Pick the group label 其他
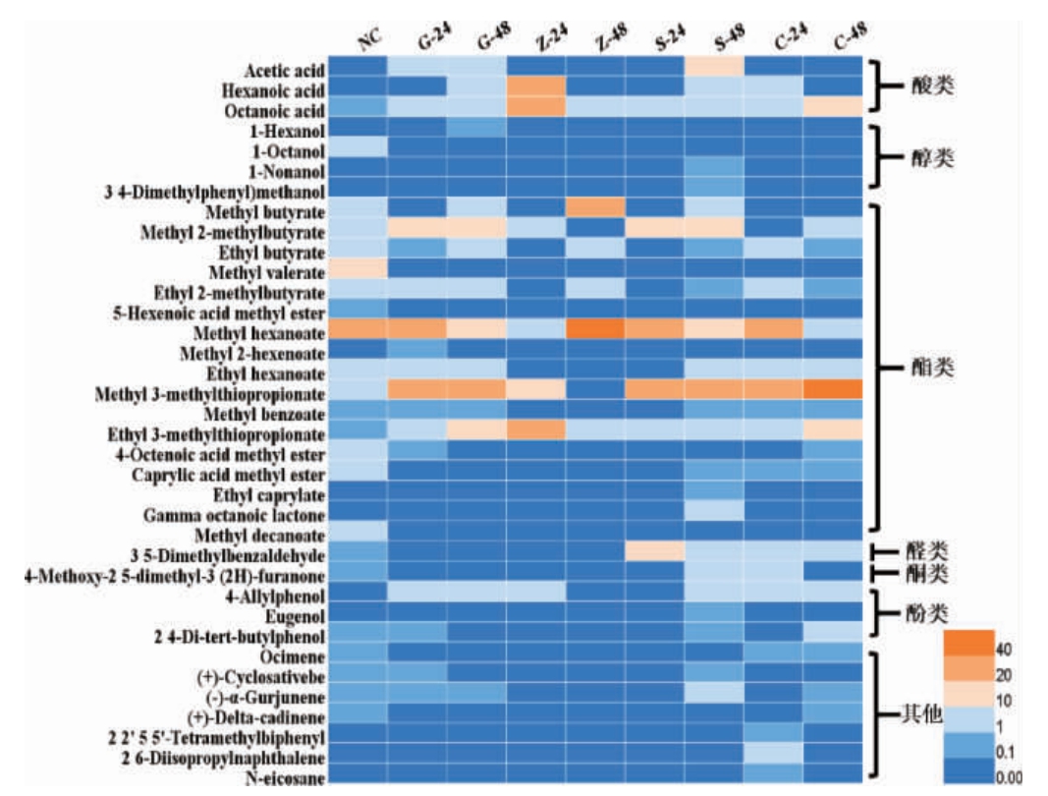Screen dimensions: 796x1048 (x=923, y=714)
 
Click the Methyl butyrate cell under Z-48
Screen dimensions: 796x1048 (x=596, y=207)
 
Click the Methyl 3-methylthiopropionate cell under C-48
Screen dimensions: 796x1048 (x=833, y=390)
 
